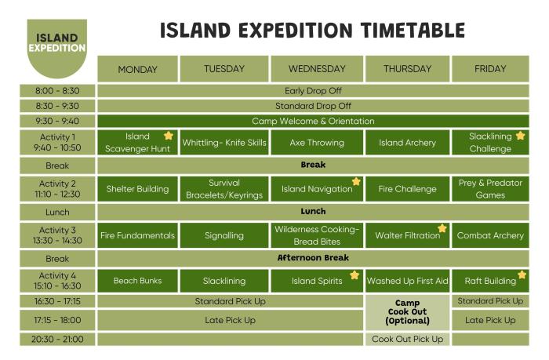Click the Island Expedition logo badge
click(x=56, y=45)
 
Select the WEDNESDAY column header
click(x=317, y=69)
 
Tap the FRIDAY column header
click(x=490, y=69)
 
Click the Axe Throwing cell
click(x=317, y=143)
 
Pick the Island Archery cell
click(x=407, y=143)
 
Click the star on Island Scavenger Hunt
click(x=168, y=136)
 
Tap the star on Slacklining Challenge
click(x=520, y=136)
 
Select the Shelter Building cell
click(x=137, y=189)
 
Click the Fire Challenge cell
click(x=407, y=189)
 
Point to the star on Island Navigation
click(x=356, y=182)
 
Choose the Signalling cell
click(x=224, y=235)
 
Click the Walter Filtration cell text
click(x=407, y=235)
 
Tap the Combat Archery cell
click(x=490, y=235)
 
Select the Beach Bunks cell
click(x=137, y=281)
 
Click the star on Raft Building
click(x=522, y=275)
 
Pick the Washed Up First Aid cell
click(x=407, y=281)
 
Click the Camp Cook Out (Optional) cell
click(x=407, y=312)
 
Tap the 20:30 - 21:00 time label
click(x=57, y=340)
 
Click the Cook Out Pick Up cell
click(x=407, y=340)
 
